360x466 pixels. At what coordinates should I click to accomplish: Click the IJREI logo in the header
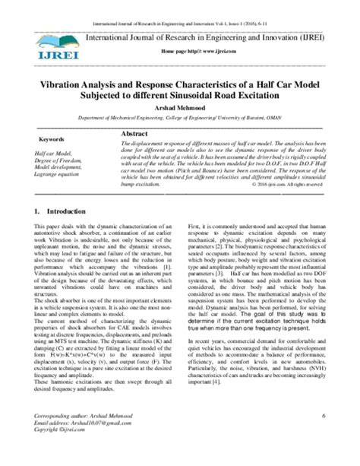click(x=48, y=42)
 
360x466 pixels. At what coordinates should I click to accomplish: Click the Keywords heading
click(x=51, y=140)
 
